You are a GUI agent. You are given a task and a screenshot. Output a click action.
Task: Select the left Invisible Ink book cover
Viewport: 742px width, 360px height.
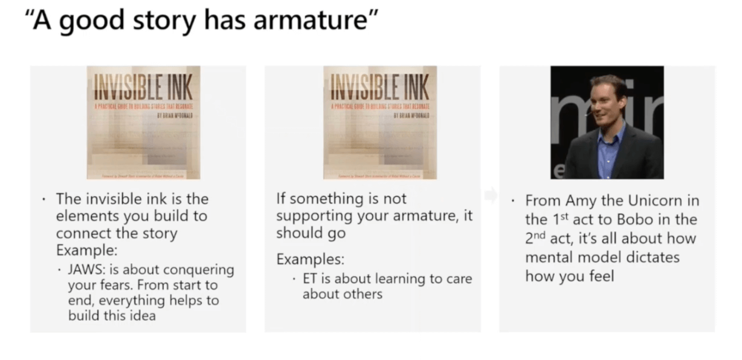click(x=144, y=123)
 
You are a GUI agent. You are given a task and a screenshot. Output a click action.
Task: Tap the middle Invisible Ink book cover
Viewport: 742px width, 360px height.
click(x=380, y=123)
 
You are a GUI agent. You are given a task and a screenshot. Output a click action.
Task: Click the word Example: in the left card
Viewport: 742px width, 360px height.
click(x=86, y=250)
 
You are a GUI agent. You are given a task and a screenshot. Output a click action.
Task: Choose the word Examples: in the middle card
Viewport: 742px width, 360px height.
click(x=310, y=260)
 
